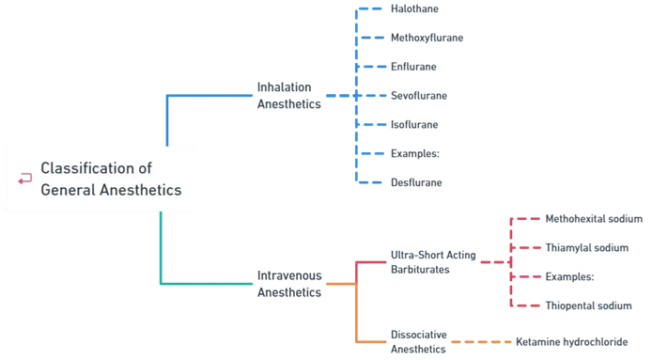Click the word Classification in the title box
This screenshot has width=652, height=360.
point(85,168)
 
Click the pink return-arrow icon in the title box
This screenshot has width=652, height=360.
point(24,179)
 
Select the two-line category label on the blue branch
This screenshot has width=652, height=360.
point(289,96)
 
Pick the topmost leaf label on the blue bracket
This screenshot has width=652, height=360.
point(416,8)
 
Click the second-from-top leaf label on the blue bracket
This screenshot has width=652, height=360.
point(427,38)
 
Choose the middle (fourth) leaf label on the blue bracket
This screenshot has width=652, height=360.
point(420,96)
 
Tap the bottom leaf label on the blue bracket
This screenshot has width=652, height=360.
point(416,182)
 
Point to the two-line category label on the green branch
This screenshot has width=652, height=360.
point(289,283)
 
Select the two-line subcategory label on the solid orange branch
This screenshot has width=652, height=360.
point(420,338)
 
